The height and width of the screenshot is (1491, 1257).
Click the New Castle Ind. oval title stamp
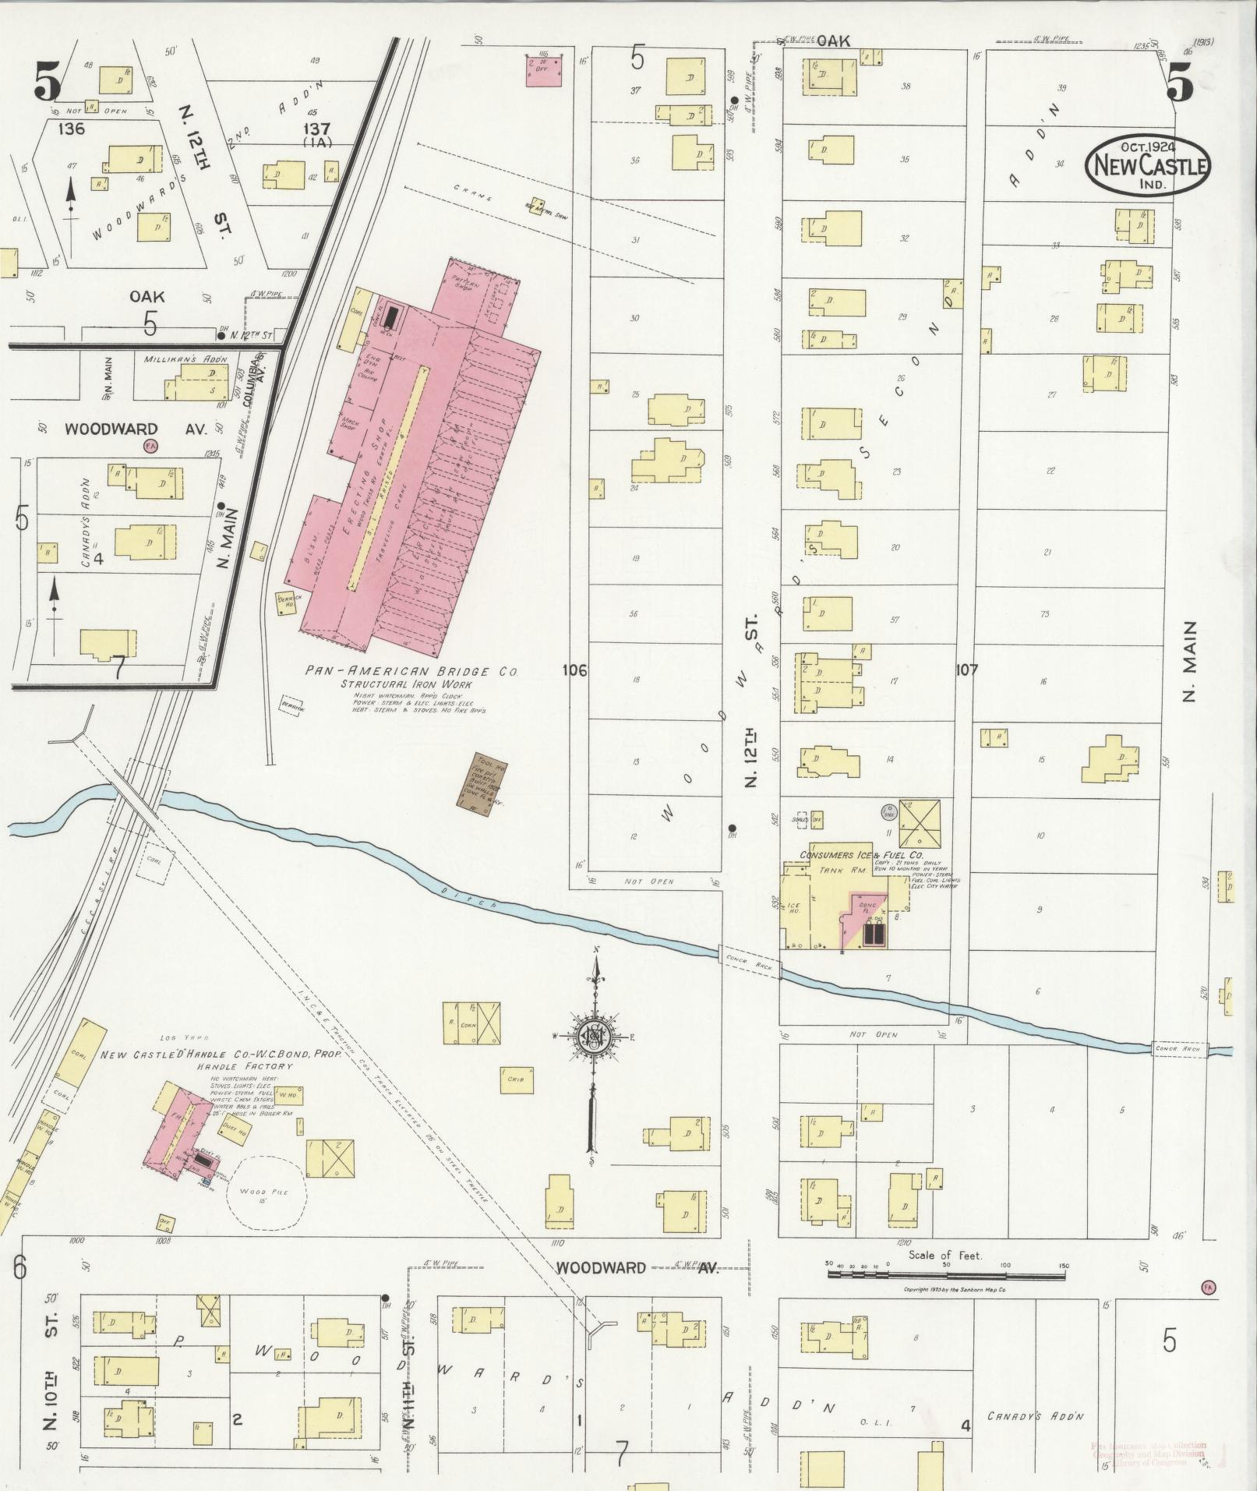pyautogui.click(x=1149, y=165)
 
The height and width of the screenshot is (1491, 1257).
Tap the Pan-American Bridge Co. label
pyautogui.click(x=412, y=671)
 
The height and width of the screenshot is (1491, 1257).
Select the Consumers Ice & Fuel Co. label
pyautogui.click(x=867, y=855)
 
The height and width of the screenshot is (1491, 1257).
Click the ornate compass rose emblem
pyautogui.click(x=595, y=1035)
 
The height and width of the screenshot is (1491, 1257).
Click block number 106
pyautogui.click(x=574, y=670)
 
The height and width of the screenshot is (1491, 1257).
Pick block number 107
pyautogui.click(x=966, y=670)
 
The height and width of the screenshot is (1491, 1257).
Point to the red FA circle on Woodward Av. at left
pyautogui.click(x=150, y=446)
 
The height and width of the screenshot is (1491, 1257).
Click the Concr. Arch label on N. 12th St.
pyautogui.click(x=749, y=963)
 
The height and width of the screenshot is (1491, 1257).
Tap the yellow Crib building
pyautogui.click(x=516, y=1080)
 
